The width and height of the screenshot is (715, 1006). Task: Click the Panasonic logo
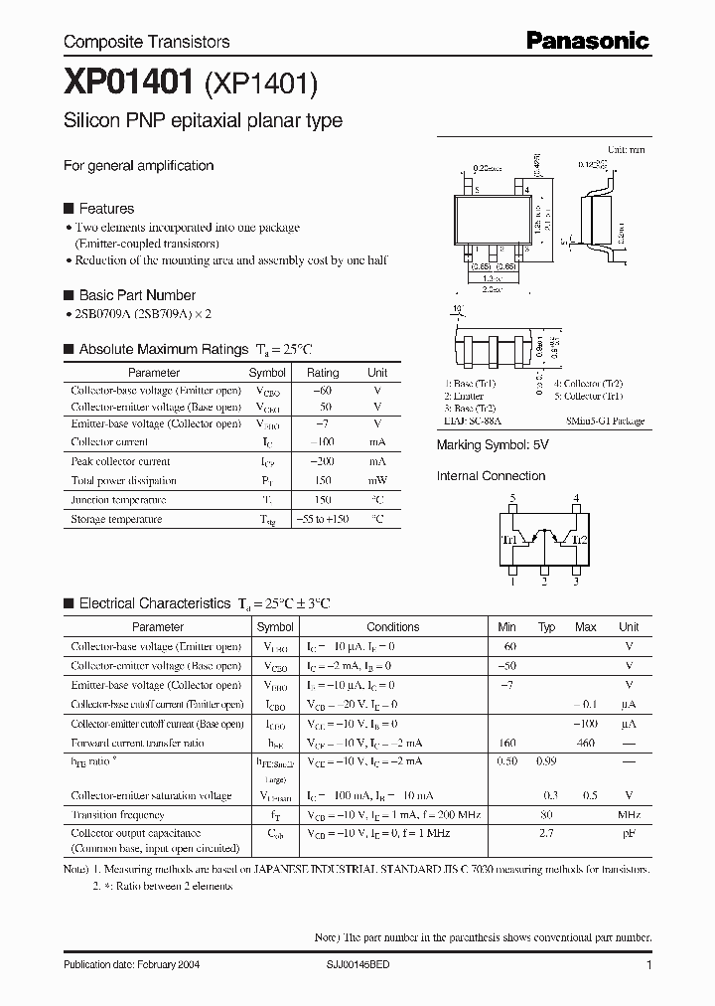pyautogui.click(x=587, y=41)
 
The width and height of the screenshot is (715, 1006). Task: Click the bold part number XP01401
pyautogui.click(x=130, y=85)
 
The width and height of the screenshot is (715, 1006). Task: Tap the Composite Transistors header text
pyautogui.click(x=147, y=42)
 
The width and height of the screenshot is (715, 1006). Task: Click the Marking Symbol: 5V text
pyautogui.click(x=493, y=445)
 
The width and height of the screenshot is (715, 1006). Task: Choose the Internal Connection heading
pyautogui.click(x=491, y=476)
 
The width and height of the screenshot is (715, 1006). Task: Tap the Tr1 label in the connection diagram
pyautogui.click(x=508, y=539)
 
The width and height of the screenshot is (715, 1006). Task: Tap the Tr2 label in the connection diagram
pyautogui.click(x=581, y=539)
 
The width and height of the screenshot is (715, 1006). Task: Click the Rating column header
pyautogui.click(x=323, y=373)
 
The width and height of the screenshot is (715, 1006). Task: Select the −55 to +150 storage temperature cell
pyautogui.click(x=323, y=519)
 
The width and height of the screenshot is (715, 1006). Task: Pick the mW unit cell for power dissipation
pyautogui.click(x=377, y=480)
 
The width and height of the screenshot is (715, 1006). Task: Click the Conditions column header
pyautogui.click(x=393, y=627)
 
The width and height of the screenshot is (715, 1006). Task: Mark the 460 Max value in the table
pyautogui.click(x=586, y=743)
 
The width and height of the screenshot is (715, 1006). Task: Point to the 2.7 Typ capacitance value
pyautogui.click(x=546, y=833)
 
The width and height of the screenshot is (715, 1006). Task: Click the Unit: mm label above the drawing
pyautogui.click(x=626, y=149)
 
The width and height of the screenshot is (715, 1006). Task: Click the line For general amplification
pyautogui.click(x=139, y=166)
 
